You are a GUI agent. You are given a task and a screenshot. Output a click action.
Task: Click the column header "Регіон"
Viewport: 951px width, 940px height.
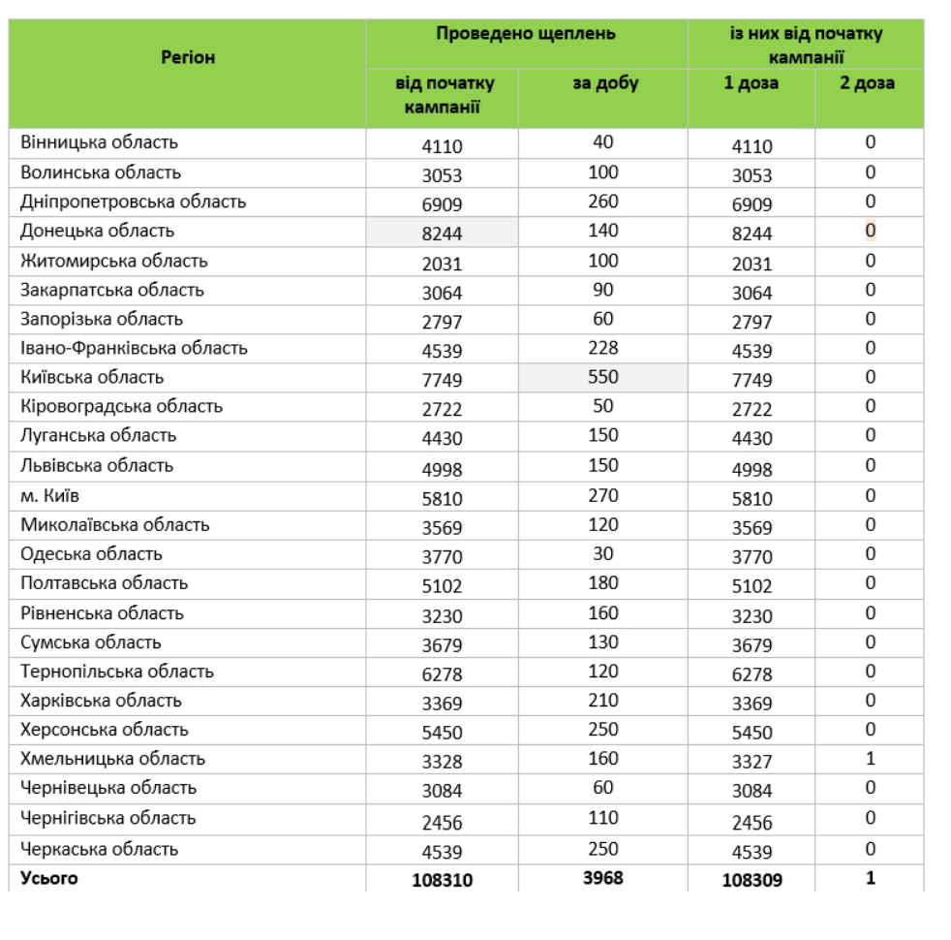188,58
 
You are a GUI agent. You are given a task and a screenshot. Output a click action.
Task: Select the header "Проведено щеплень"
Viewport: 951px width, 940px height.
526,34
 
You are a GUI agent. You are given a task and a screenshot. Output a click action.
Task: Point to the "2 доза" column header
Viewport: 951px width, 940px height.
868,83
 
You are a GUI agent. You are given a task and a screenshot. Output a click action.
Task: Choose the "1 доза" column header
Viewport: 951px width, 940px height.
751,83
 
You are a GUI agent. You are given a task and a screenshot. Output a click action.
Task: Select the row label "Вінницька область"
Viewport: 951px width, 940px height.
100,142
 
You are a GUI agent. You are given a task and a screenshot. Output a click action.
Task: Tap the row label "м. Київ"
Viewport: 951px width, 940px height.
49,496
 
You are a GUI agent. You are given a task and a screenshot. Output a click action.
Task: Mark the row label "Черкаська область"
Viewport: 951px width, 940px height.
100,849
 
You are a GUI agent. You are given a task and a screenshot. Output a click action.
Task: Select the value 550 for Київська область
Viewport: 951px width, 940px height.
603,378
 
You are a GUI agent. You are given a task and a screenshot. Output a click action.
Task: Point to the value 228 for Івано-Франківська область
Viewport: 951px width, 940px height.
603,348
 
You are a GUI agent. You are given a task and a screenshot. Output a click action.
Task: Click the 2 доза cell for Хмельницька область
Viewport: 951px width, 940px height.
870,759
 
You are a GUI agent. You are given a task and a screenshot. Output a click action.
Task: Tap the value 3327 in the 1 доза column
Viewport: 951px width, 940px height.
752,762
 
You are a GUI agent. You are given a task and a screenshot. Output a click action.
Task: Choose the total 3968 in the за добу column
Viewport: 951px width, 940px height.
603,879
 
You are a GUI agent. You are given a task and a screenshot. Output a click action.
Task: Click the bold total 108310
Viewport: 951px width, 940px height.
442,881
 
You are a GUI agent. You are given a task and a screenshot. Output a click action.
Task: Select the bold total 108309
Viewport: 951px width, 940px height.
752,881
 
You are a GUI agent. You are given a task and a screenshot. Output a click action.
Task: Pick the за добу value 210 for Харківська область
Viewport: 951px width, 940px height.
603,701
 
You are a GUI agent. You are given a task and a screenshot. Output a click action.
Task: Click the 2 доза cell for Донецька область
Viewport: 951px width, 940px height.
870,231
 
